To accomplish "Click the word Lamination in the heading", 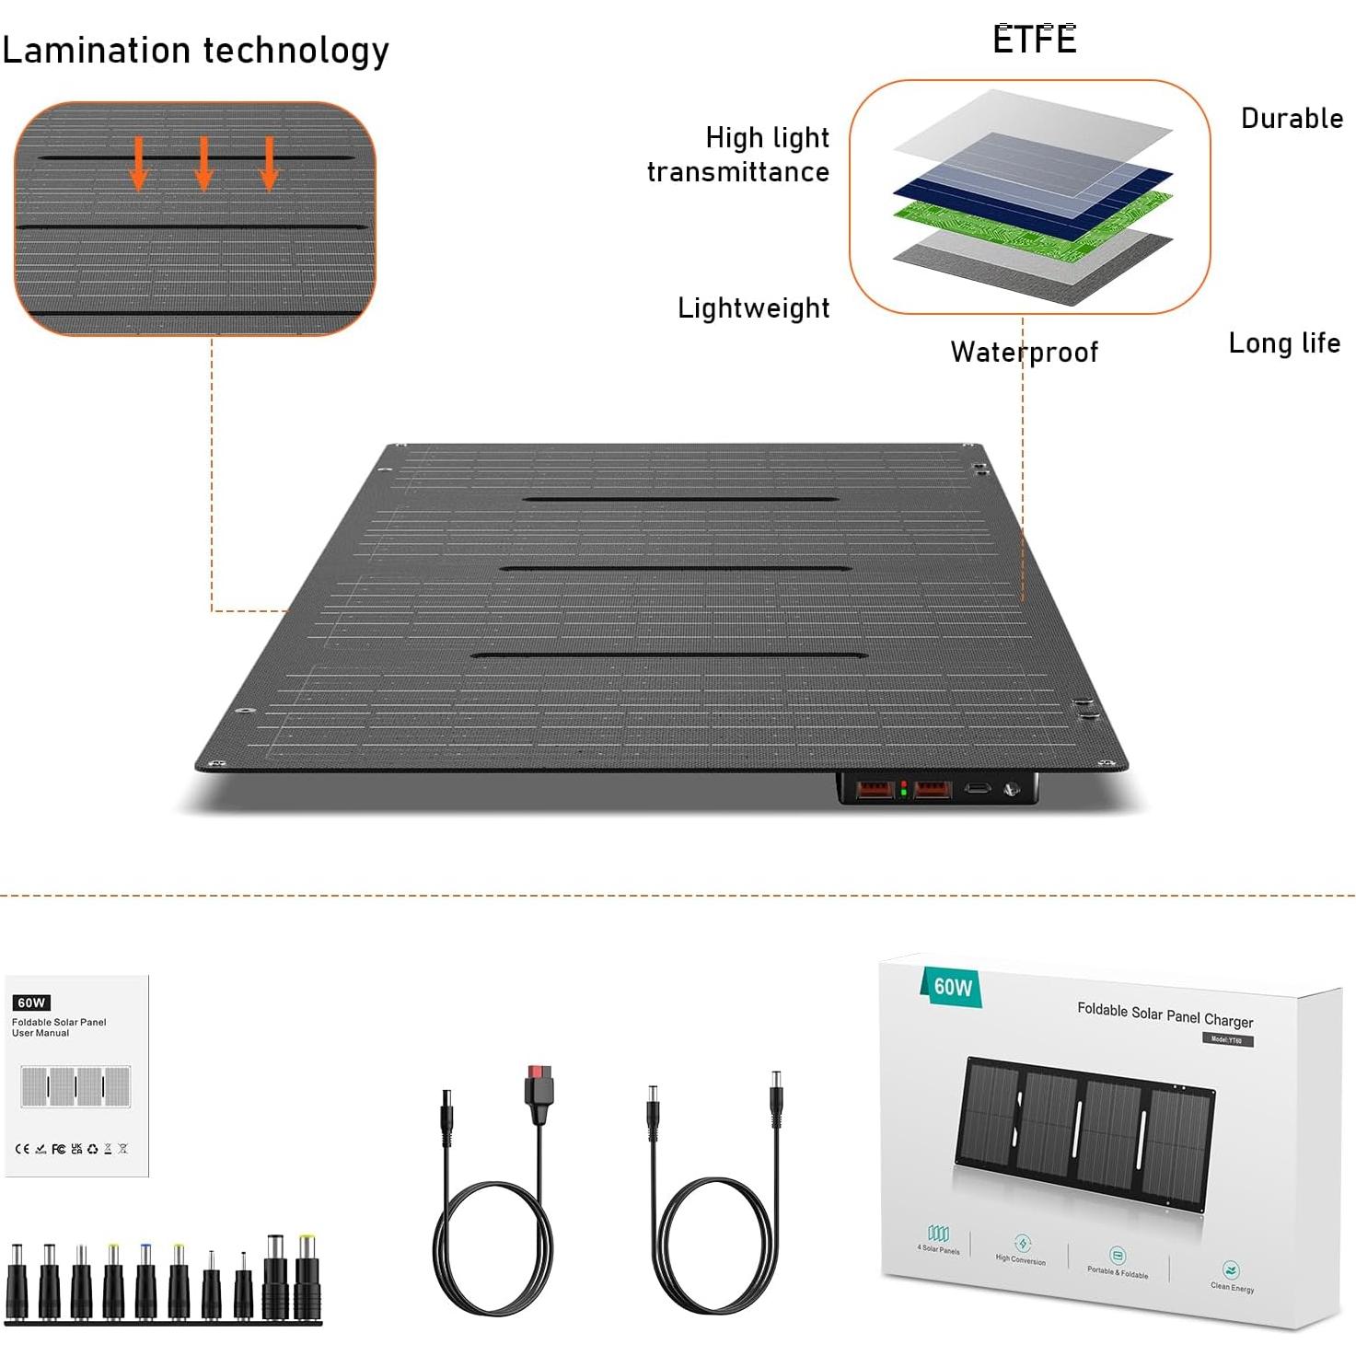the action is point(96,51).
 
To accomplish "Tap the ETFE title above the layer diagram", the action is point(1034,40).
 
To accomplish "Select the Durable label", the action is point(1292,119).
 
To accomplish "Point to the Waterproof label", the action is point(1024,352).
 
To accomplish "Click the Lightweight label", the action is point(753,308).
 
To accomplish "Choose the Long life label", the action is point(1283,343).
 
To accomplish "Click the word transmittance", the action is point(737,172).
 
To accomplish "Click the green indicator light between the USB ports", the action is point(904,793).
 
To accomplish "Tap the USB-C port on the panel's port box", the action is point(976,789).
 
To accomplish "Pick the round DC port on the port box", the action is point(1011,789).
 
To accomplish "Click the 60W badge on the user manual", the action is point(31,1003).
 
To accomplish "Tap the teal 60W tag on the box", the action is point(952,988).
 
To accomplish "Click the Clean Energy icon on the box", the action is point(1232,1271).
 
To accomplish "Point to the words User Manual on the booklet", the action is point(41,1033).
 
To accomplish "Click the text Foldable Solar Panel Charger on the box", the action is point(1165,1014).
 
